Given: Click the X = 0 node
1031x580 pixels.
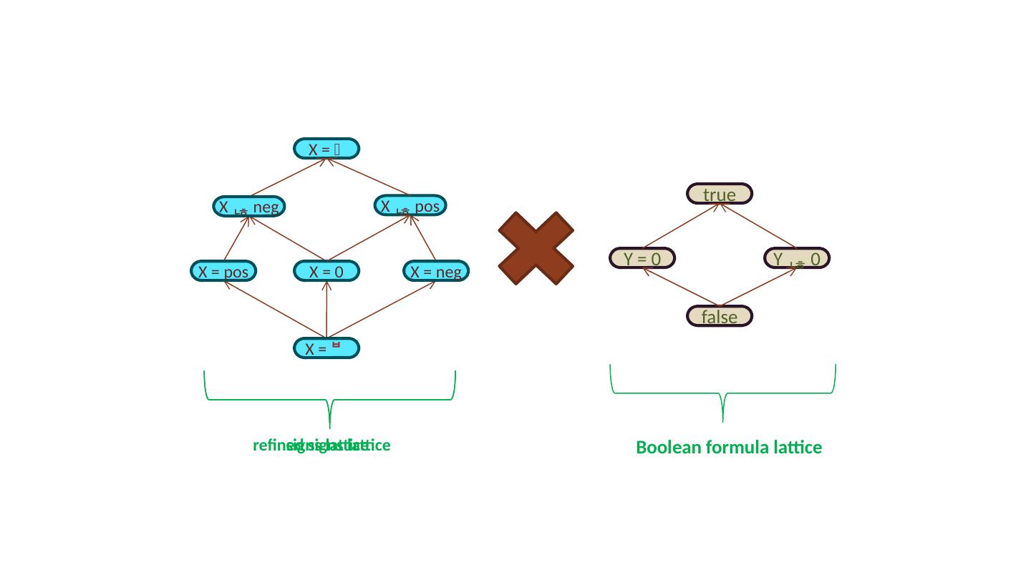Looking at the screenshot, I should click(x=326, y=272).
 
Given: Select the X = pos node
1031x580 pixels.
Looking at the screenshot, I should click(x=223, y=272).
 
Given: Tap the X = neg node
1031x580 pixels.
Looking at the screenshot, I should click(x=435, y=272).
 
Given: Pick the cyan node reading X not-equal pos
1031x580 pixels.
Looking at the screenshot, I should click(x=410, y=206).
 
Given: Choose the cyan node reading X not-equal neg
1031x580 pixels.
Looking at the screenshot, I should click(x=248, y=207).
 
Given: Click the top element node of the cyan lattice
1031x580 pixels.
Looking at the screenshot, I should click(x=326, y=148).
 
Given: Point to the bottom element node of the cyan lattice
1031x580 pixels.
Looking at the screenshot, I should click(x=326, y=348).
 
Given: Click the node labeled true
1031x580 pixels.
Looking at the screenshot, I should click(x=720, y=194).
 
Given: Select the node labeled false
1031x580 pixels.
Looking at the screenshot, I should click(x=720, y=316).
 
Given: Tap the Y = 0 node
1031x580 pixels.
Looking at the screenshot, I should click(x=642, y=257).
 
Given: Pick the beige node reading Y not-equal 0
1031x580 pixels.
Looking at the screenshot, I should click(x=797, y=257).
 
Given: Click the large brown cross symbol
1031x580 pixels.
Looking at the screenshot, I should click(x=536, y=247).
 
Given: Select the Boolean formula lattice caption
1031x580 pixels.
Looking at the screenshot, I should click(x=729, y=448).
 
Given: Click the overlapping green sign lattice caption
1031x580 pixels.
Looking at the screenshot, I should click(x=321, y=446).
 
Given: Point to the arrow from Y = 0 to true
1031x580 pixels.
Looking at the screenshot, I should click(x=682, y=226).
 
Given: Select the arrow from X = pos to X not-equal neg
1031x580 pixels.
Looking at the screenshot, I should click(x=236, y=239).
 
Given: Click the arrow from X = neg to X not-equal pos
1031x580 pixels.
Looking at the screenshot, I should click(x=424, y=237).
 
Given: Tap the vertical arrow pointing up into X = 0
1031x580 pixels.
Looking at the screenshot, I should click(x=326, y=309).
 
